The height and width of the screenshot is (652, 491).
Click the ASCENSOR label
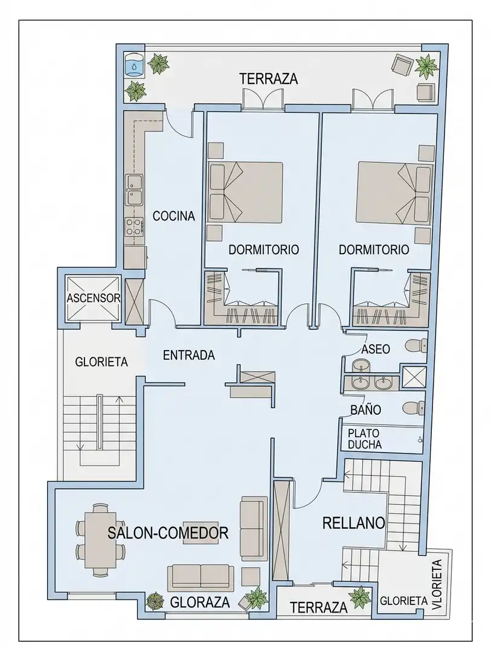point(94,298)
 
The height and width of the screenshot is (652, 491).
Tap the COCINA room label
point(174,216)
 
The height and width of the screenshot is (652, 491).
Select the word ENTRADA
point(189,355)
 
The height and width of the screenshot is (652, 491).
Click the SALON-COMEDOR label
point(168,532)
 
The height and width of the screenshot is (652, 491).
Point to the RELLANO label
point(354,523)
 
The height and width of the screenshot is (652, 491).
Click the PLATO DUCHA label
point(365,439)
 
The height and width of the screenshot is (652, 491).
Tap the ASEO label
point(376,349)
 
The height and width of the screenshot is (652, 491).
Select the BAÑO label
point(366,409)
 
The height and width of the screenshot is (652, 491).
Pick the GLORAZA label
point(200,602)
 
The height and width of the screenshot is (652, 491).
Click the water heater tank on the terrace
point(135,65)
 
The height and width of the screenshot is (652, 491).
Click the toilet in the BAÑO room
point(414,407)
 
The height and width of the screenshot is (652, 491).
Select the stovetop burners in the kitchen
point(134,228)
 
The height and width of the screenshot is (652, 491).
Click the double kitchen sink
point(135,190)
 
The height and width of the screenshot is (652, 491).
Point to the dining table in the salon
point(101,540)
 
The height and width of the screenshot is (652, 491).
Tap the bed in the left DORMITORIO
point(245,192)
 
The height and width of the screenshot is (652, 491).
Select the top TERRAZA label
point(269,78)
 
